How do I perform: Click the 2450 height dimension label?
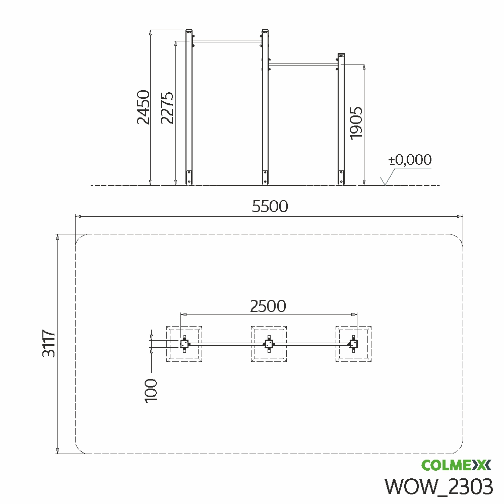point(143,107)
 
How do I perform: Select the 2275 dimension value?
point(167,108)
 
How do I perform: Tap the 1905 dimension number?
point(356,123)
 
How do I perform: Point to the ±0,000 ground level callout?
point(410,160)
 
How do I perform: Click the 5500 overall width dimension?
point(270,206)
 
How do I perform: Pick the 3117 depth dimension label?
point(49,343)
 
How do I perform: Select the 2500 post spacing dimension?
point(268,306)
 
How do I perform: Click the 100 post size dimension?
point(151,391)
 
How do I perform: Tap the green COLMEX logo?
point(456,465)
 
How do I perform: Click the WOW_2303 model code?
point(439,486)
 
